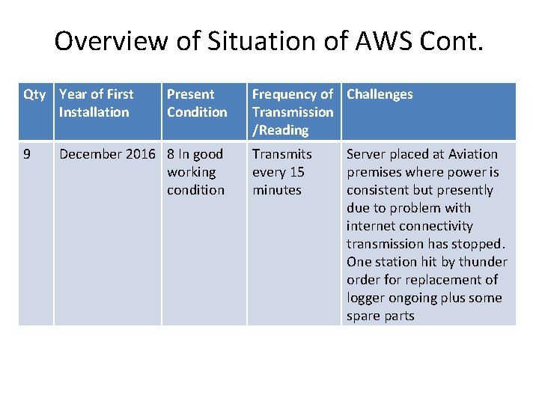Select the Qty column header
pyautogui.click(x=34, y=94)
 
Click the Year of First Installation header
pyautogui.click(x=96, y=103)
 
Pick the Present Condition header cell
pyautogui.click(x=197, y=103)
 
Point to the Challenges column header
pyautogui.click(x=380, y=94)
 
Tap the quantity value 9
pyautogui.click(x=27, y=154)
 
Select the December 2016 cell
pyautogui.click(x=107, y=154)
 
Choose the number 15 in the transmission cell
pyautogui.click(x=296, y=172)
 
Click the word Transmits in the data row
pyautogui.click(x=281, y=154)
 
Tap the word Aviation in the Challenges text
pyautogui.click(x=472, y=154)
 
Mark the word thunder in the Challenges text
pyautogui.click(x=483, y=262)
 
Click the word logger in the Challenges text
pyautogui.click(x=365, y=298)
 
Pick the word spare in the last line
pyautogui.click(x=364, y=316)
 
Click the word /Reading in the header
pyautogui.click(x=281, y=130)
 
